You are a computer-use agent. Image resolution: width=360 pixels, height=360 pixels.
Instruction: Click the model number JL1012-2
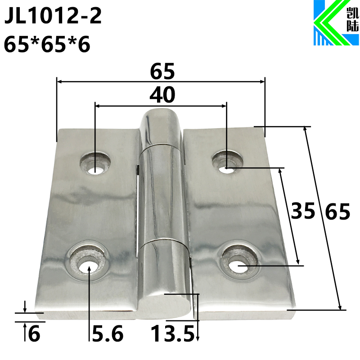pos(53,18)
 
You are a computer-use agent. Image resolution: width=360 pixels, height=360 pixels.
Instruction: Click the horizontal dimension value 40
pos(162,94)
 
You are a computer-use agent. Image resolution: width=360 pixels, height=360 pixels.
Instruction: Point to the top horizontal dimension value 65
pos(162,71)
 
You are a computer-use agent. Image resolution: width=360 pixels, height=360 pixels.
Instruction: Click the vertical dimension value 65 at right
pos(337,211)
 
